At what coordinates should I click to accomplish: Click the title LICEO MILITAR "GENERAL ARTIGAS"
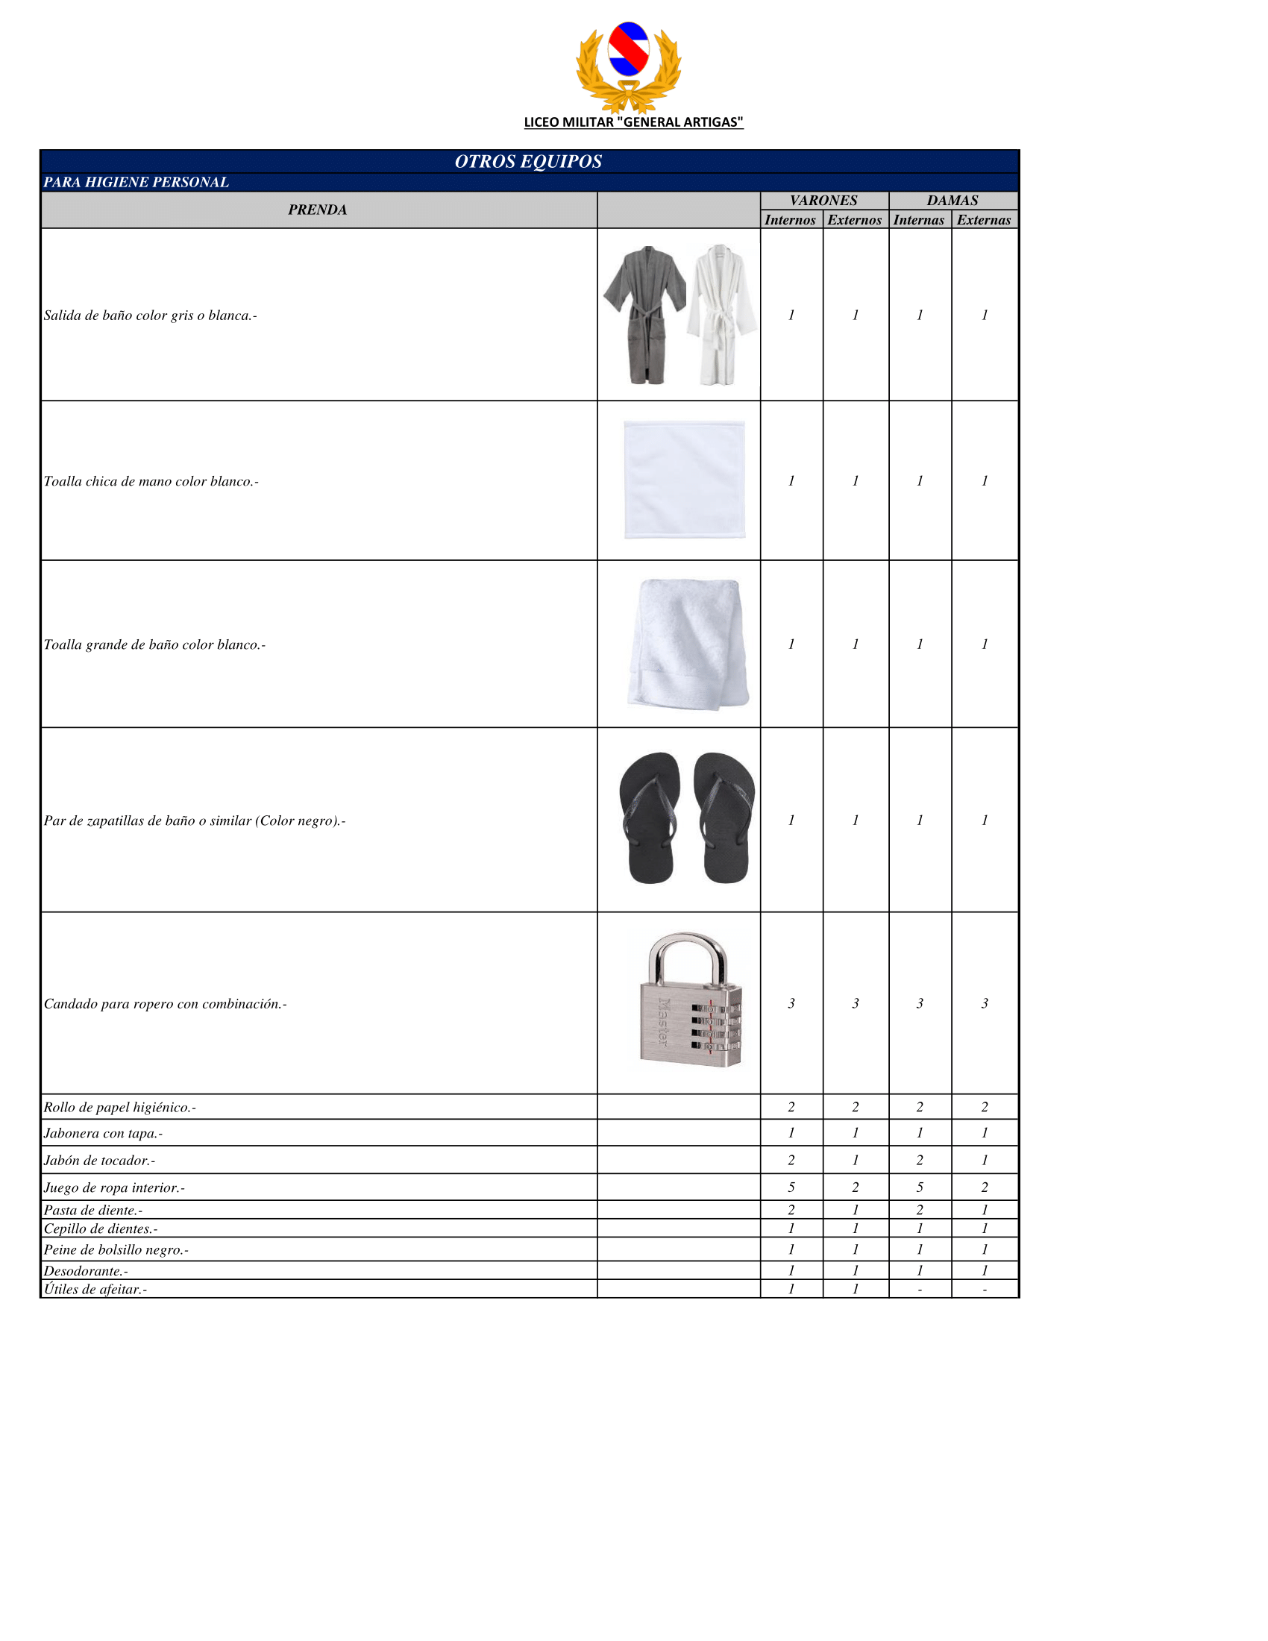point(633,122)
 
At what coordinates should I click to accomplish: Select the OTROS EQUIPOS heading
point(528,162)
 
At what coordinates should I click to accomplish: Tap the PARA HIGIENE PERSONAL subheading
point(136,183)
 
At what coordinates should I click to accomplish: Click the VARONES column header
point(823,201)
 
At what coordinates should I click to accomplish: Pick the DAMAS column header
point(952,201)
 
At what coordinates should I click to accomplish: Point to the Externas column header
point(983,220)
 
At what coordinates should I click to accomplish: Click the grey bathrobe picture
point(644,314)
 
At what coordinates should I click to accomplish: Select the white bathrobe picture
point(721,314)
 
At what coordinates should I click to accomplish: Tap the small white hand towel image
point(683,480)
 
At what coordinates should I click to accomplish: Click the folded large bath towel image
point(688,644)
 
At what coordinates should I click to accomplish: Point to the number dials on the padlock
point(715,1026)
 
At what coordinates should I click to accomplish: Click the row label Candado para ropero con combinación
point(166,1004)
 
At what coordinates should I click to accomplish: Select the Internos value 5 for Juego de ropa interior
point(791,1187)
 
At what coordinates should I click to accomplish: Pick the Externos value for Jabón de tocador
point(855,1160)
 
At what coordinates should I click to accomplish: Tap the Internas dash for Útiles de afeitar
point(920,1290)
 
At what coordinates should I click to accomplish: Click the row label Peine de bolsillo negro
point(116,1249)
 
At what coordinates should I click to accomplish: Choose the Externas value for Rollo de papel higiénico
point(984,1107)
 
